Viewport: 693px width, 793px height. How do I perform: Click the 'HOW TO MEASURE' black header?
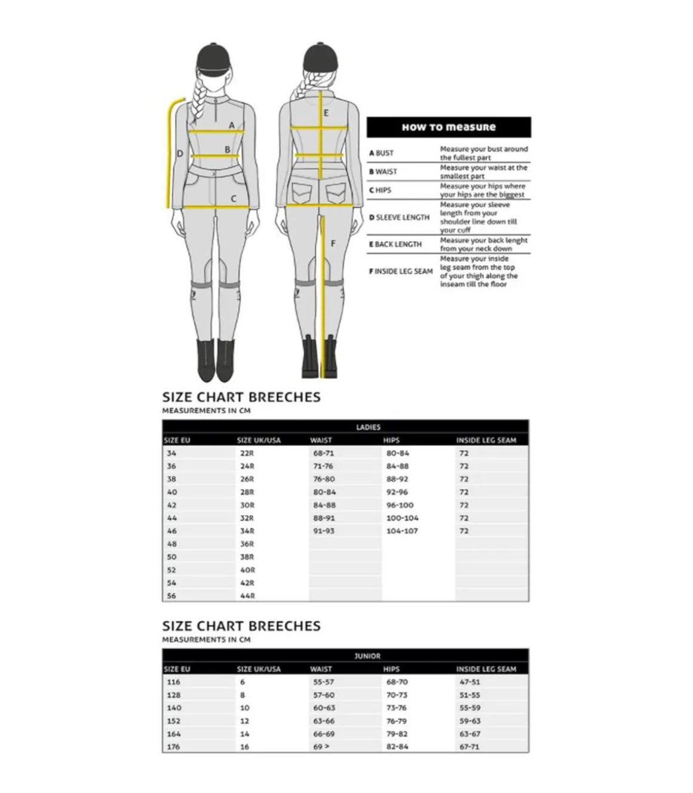448,127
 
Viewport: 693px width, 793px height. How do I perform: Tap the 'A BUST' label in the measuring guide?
381,153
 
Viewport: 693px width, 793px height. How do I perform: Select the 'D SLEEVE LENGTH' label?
399,218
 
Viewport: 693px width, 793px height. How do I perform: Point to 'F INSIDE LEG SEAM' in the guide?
400,271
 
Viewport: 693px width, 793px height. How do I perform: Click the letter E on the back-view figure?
326,113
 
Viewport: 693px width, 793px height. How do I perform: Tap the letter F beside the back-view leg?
333,243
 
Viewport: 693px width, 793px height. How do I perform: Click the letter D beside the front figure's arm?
180,154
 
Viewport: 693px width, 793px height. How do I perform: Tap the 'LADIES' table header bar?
368,427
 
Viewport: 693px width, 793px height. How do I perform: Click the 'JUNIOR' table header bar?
367,656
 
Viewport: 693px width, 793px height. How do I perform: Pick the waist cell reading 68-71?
323,454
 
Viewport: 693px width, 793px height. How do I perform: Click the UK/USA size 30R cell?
247,506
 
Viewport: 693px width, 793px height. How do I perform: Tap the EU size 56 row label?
171,596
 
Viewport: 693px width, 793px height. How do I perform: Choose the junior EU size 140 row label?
174,708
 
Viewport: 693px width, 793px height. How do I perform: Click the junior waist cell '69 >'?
321,747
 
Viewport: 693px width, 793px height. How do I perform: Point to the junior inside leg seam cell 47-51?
470,682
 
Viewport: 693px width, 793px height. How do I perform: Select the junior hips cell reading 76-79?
396,721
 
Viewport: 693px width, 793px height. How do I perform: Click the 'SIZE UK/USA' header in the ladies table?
258,440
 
